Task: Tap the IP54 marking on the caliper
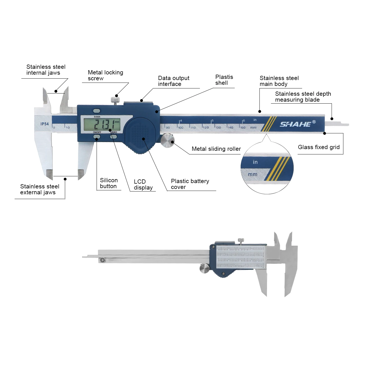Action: point(44,124)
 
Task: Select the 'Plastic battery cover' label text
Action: point(190,184)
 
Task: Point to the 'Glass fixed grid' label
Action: point(319,147)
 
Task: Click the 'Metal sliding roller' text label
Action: point(216,149)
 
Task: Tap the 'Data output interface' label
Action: point(174,81)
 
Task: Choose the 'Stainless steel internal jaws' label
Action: point(46,70)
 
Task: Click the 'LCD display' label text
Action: point(143,184)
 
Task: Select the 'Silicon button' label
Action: point(109,183)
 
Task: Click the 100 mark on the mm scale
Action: point(181,127)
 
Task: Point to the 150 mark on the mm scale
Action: point(243,127)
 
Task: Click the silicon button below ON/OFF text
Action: point(97,137)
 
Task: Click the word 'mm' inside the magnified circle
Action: point(252,174)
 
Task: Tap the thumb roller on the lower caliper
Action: point(204,268)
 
